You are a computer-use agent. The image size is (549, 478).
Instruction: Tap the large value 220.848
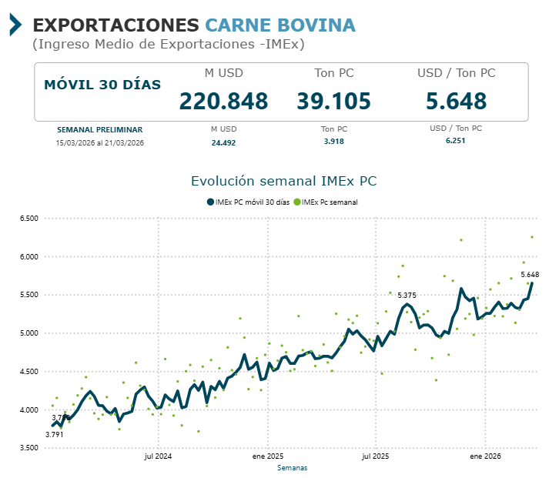(223, 101)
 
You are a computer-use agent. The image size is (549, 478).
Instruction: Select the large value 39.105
(333, 101)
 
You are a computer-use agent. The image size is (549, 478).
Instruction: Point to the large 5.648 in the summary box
(456, 101)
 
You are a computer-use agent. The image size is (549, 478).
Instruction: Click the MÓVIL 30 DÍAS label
(102, 85)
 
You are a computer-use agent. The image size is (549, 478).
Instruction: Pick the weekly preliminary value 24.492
(223, 142)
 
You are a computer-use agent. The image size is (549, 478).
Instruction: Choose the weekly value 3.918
(333, 142)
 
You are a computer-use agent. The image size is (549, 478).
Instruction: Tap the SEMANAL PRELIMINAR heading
(99, 129)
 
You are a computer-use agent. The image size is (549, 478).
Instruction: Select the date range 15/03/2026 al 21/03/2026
(99, 142)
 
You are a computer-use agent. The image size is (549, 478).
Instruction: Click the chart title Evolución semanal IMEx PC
(283, 181)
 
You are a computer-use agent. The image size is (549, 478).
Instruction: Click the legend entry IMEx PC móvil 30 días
(247, 202)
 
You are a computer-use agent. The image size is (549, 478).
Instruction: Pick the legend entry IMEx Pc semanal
(330, 202)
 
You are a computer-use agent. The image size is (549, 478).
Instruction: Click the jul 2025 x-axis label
(376, 456)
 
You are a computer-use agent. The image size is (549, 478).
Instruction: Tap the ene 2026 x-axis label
(486, 456)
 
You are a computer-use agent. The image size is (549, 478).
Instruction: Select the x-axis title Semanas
(292, 467)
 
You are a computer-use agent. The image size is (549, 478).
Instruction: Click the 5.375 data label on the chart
(407, 296)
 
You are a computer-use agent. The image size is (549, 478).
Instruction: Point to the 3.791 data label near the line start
(54, 435)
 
